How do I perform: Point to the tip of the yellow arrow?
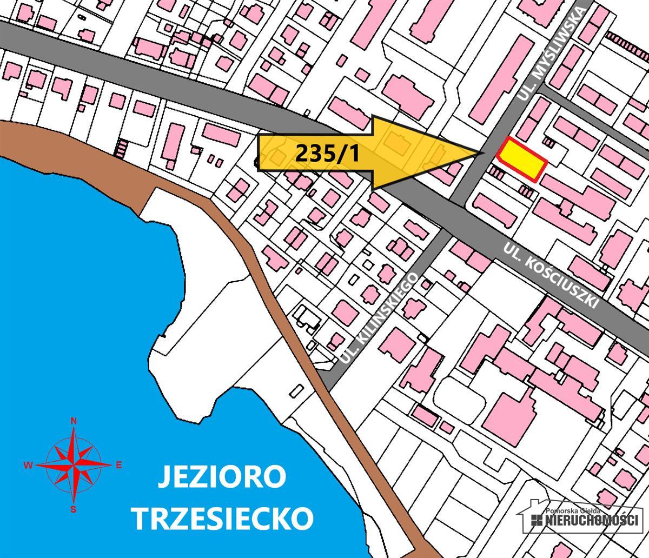tap(483, 153)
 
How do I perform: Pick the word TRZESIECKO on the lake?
tap(223, 518)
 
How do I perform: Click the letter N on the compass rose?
tap(74, 421)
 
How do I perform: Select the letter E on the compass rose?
tap(119, 465)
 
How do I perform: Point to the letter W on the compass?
tap(28, 465)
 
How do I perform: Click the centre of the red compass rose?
tap(74, 465)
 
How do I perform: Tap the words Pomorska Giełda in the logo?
tap(577, 510)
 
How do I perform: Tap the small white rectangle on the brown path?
tap(297, 389)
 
